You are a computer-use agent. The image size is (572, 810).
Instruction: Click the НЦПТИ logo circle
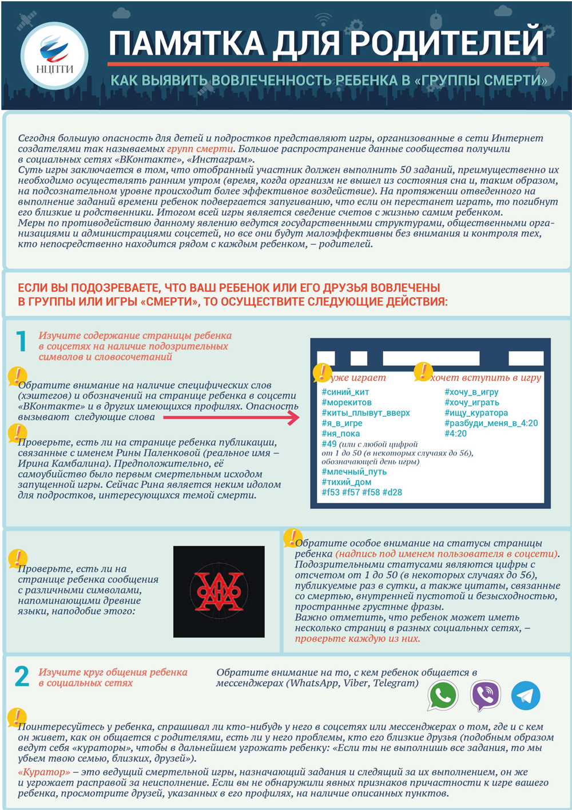coord(54,56)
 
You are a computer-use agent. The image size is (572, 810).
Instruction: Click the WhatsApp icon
coord(443,695)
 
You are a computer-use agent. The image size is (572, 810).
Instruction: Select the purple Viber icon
coord(485,695)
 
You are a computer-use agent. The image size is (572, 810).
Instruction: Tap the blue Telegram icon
coord(526,696)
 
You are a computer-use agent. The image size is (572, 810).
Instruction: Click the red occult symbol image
coord(219,591)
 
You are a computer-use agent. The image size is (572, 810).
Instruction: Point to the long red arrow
coord(231,417)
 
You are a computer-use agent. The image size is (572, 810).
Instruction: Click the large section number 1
coord(22,341)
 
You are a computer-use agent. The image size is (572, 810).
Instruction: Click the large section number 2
coord(22,676)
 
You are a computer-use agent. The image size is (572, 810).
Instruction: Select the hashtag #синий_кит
coord(345,392)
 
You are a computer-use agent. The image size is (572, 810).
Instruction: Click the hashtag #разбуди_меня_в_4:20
coord(491,423)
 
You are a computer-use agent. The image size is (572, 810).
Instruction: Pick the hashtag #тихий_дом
coord(347,482)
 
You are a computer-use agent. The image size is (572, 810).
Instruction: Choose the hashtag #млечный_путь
coord(354,472)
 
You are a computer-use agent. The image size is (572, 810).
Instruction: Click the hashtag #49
coord(329,444)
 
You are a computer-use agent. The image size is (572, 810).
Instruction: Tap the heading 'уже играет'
coord(359,378)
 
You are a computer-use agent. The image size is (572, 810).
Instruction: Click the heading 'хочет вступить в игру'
coord(486,378)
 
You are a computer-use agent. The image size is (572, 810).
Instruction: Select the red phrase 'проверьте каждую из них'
coord(357,638)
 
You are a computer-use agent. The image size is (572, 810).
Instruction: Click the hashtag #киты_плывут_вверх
coord(366,413)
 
